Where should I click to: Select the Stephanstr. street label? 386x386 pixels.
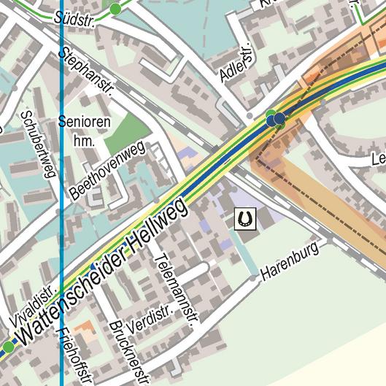tap(88, 72)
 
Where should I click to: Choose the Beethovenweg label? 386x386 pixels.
tap(107, 171)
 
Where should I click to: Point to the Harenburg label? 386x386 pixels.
tap(290, 261)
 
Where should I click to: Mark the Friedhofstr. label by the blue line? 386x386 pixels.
tap(74, 356)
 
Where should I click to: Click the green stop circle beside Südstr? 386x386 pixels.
tap(115, 9)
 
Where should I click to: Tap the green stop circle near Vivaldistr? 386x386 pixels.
tap(7, 347)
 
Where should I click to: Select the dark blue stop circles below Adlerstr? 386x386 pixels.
tap(276, 119)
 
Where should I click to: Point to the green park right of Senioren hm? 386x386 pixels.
tap(130, 130)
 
